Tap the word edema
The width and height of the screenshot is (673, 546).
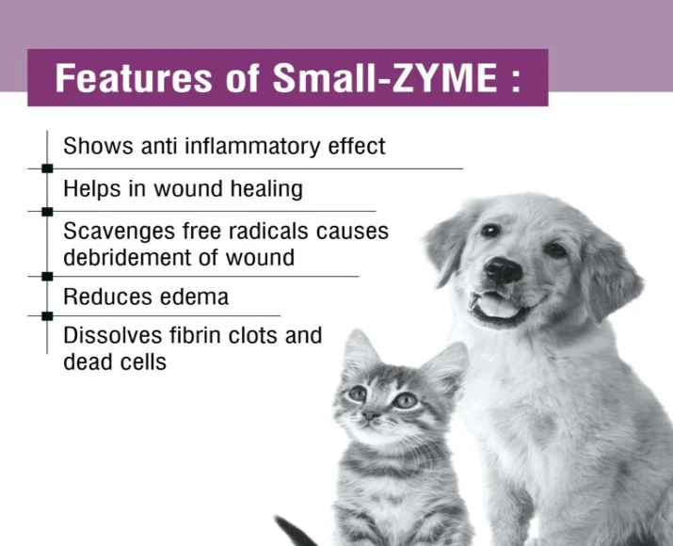click(x=197, y=297)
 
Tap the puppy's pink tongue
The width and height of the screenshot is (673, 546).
click(x=501, y=308)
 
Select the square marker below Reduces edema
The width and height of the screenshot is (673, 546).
click(x=46, y=316)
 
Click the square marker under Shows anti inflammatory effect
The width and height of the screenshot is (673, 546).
click(x=46, y=168)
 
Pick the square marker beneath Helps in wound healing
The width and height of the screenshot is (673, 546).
click(x=46, y=211)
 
